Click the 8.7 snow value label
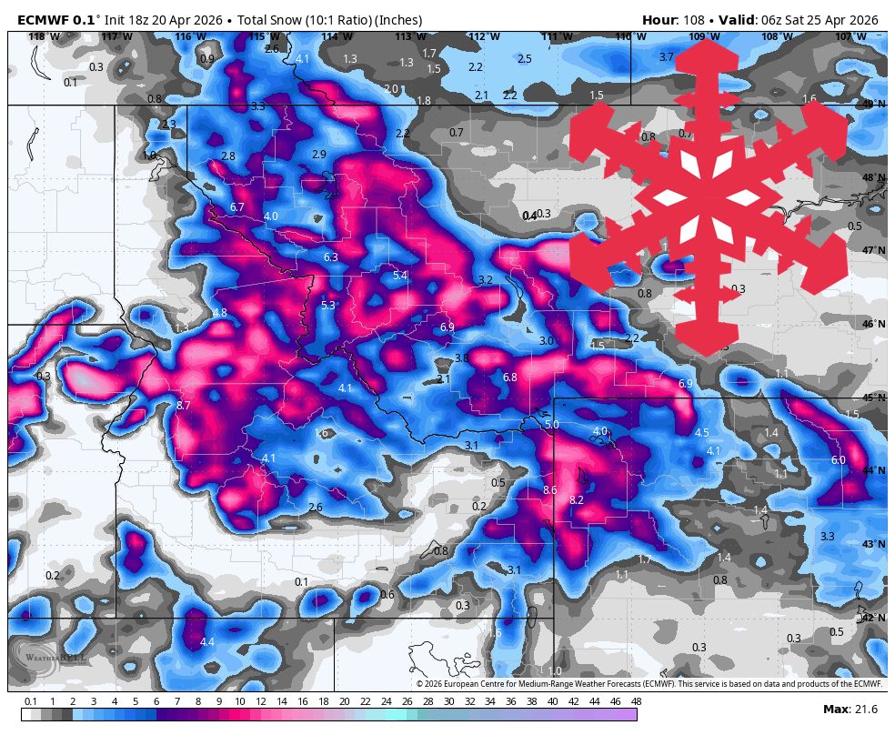pos(183,405)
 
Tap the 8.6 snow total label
pos(549,490)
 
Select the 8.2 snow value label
pos(576,500)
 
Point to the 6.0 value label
pos(838,460)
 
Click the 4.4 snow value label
pos(206,642)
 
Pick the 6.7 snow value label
pos(237,207)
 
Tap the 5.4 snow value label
pos(399,275)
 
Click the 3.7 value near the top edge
pos(666,57)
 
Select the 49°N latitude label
pos(873,105)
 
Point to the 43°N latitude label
pos(873,544)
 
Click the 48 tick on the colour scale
pos(636,701)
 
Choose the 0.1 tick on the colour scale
pos(30,701)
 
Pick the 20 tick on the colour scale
pos(344,701)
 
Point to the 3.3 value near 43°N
pos(827,537)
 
